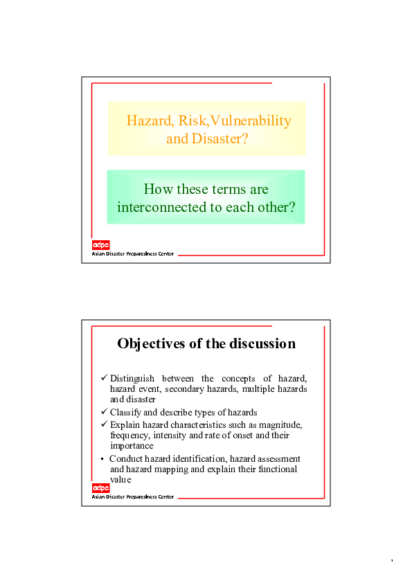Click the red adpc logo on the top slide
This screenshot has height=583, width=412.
tap(101, 244)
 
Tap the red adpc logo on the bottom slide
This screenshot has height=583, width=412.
tap(101, 488)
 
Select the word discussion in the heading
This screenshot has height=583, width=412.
tap(263, 344)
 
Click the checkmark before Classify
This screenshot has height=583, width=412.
tap(105, 412)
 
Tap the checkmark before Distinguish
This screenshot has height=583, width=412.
tap(105, 378)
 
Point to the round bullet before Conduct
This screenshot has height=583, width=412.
tap(102, 459)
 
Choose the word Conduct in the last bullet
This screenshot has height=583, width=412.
tap(125, 459)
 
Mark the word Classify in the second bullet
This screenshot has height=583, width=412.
tap(125, 413)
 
